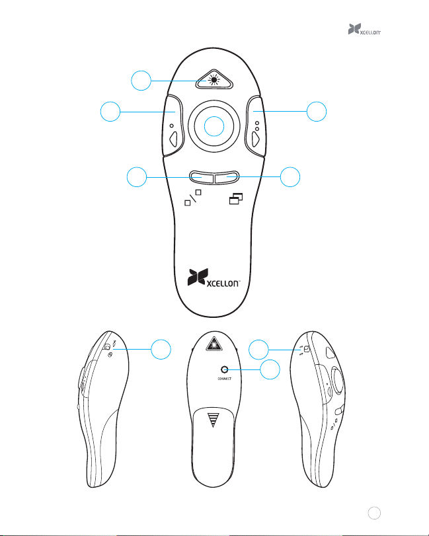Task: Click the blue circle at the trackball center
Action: pos(213,126)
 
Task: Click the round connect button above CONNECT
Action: pos(227,369)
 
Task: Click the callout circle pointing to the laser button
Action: pos(141,82)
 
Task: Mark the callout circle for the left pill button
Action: pos(137,177)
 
